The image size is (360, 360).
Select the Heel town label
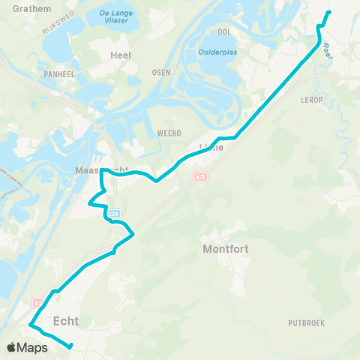pos(120,55)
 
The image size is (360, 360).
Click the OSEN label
pos(160,72)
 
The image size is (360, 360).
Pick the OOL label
pos(223,33)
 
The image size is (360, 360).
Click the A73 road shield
pos(200,177)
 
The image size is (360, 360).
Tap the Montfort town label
pos(226,248)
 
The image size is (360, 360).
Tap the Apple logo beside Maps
pos(11,347)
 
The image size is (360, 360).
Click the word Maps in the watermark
pos(33,347)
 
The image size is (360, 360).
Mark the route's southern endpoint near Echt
pos(70,346)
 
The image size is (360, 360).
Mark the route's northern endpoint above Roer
pos(329,13)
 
